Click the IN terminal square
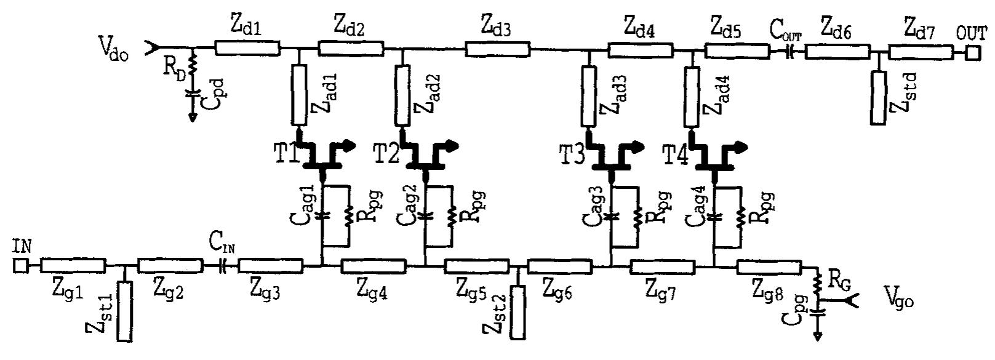click(20, 265)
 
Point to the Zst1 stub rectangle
click(124, 311)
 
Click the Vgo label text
click(900, 299)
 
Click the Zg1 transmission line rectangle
click(73, 265)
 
